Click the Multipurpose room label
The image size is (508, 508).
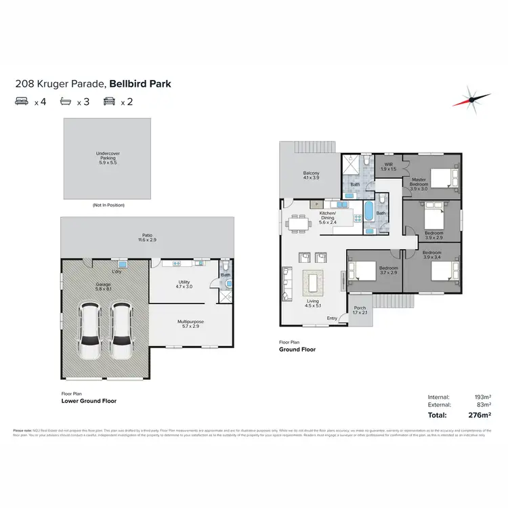[190, 323]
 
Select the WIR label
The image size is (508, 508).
[389, 167]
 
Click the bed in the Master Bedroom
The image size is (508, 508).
[442, 177]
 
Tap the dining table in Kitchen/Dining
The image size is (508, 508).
[299, 222]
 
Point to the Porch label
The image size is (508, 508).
[359, 310]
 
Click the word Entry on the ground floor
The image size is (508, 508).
[333, 318]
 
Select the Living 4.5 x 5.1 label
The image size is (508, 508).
[312, 303]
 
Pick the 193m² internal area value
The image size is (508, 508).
[483, 396]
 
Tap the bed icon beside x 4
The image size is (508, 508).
[22, 102]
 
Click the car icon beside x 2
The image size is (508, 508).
[108, 102]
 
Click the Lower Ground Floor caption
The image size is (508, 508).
[89, 401]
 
